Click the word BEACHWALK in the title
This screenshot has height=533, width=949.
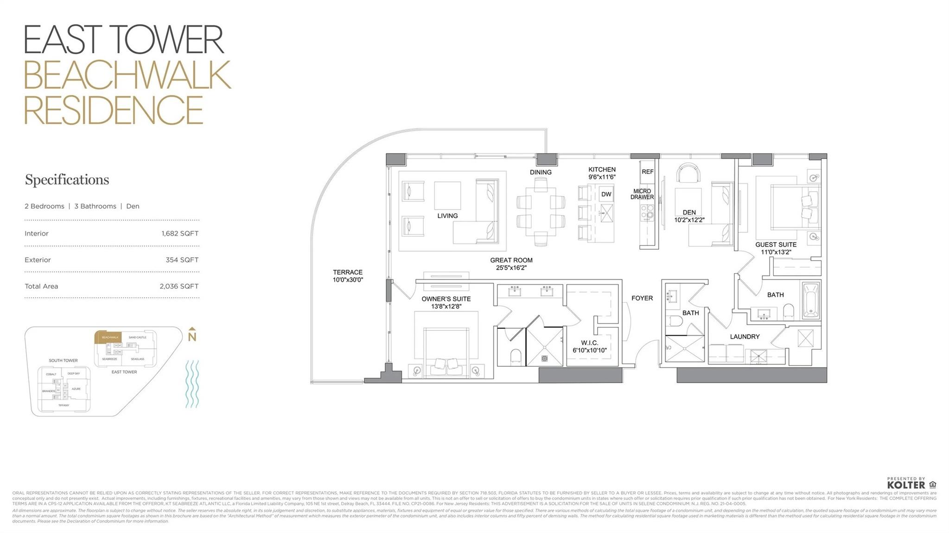[127, 75]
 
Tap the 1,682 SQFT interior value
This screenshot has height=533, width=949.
[180, 233]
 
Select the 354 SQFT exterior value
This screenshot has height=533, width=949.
[182, 260]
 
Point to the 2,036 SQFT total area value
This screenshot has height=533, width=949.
[179, 286]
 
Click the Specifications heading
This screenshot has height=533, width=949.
[67, 180]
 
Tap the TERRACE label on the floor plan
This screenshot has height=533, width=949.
[347, 272]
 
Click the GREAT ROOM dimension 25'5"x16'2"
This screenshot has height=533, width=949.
[511, 268]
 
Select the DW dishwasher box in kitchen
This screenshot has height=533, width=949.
[606, 194]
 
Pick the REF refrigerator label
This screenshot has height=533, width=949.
[647, 172]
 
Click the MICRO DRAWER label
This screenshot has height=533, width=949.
[642, 194]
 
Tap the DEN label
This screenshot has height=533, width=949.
[689, 213]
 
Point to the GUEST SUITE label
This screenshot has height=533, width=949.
[776, 245]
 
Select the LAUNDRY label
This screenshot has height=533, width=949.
[745, 337]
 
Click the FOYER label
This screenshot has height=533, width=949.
[642, 298]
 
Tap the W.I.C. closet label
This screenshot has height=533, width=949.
[589, 343]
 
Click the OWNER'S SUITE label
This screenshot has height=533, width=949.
[446, 299]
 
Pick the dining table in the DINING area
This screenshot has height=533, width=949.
[541, 212]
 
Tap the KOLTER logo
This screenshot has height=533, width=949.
[906, 485]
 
